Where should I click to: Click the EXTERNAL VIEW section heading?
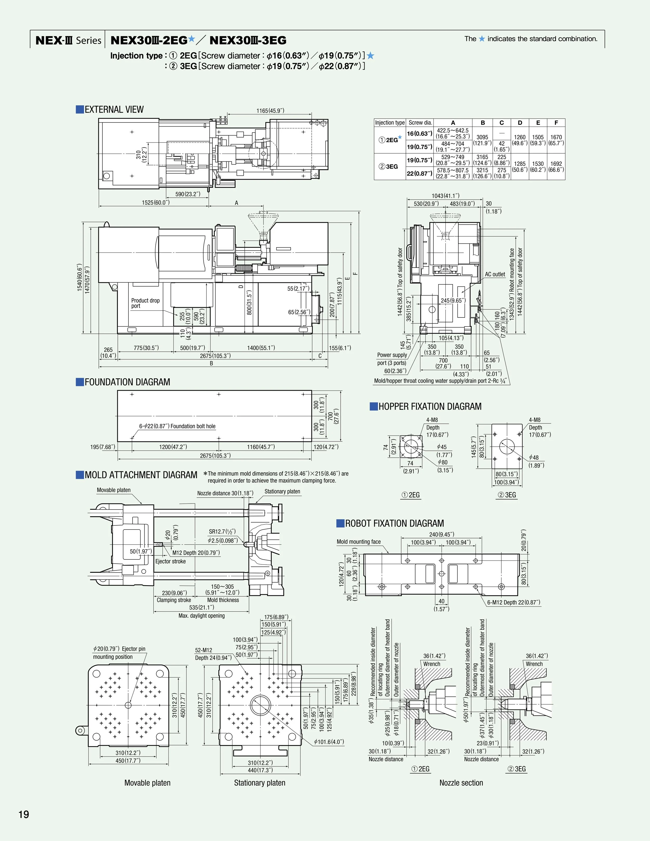point(114,110)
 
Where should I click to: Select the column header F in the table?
point(556,123)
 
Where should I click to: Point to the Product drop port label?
point(145,303)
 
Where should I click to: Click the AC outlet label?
point(495,274)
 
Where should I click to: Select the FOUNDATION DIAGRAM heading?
point(127,382)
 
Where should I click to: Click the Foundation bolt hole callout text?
point(177,426)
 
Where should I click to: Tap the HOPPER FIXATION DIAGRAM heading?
point(430,407)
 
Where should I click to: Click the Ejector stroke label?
point(170,562)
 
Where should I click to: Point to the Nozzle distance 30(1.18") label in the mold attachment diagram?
point(225,493)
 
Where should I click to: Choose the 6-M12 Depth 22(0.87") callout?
point(513,602)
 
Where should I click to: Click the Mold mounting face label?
point(359,542)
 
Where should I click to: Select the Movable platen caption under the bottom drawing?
point(147,783)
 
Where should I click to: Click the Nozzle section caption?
point(461,783)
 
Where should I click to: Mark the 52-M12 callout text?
point(203,650)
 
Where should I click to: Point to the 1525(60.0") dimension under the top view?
point(155,203)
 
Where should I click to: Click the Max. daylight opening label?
point(201,616)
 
